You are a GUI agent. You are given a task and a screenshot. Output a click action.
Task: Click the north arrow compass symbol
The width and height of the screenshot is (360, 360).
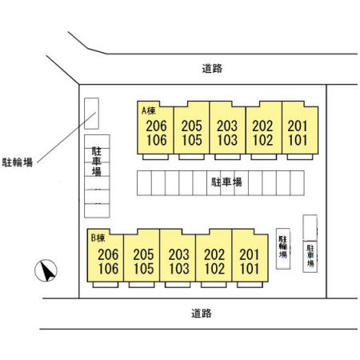coord(46,270)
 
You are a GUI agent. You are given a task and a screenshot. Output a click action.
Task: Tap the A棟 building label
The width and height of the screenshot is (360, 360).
coord(148,110)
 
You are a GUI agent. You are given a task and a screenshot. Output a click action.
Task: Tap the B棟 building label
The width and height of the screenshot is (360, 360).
coord(98,238)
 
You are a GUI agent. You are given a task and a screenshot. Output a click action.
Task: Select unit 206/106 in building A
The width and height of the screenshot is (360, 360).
coord(155,127)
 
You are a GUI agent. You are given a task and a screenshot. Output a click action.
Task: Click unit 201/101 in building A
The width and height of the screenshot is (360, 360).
coord(300,127)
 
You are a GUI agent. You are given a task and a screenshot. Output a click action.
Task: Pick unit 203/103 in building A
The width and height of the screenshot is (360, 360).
coord(227,127)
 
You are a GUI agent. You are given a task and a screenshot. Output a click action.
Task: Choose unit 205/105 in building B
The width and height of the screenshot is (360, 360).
coord(142,255)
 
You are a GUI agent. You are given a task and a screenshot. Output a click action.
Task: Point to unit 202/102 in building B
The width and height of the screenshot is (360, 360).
coord(214,255)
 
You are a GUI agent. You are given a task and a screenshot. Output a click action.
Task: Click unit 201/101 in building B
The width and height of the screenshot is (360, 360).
coord(250,255)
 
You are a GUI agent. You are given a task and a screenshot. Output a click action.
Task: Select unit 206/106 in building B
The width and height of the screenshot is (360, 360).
coord(106,255)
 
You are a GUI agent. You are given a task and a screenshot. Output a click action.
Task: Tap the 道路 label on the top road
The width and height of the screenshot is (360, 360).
coord(212,69)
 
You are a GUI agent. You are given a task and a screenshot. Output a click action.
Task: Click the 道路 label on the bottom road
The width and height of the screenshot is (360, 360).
coord(202,313)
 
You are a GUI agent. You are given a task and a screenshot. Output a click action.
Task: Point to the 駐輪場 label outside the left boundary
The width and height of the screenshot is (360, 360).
coord(18,162)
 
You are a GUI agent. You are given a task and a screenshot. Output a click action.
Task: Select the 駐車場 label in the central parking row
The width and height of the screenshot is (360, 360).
coord(226,182)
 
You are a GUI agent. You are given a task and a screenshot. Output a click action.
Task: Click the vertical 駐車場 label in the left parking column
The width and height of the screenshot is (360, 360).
coord(97,162)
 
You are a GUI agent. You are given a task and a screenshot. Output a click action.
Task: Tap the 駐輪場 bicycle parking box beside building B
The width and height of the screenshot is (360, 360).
coord(283,249)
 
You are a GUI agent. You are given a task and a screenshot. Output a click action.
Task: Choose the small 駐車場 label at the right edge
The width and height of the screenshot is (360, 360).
coord(310,255)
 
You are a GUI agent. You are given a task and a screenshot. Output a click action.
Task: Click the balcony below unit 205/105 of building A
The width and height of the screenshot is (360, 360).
coord(191,157)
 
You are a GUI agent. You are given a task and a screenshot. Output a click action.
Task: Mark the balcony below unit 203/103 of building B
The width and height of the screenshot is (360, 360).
coord(178,285)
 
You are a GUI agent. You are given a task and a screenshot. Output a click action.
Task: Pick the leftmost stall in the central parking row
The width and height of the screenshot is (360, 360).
coord(144,183)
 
